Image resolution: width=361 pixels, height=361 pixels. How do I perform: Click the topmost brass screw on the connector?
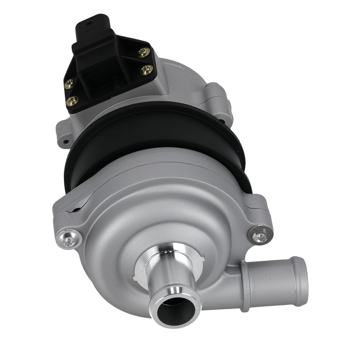coord(144,52)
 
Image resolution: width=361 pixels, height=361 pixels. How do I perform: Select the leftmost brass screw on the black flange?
coord(69,84)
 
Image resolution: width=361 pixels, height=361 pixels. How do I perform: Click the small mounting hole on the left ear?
coord(65,142)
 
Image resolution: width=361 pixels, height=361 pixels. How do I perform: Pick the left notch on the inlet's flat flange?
coord(136,278)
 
